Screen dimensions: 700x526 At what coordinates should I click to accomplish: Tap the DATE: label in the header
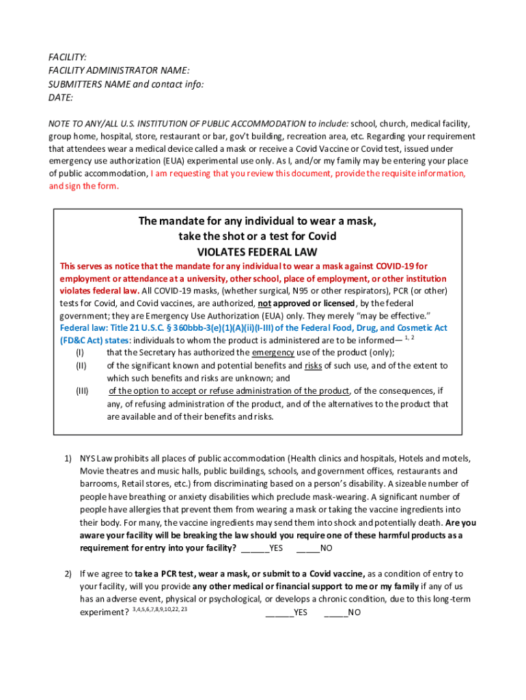click(61, 98)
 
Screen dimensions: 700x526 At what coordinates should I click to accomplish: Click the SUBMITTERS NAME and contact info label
click(126, 84)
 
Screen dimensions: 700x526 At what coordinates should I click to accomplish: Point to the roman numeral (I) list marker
click(80, 353)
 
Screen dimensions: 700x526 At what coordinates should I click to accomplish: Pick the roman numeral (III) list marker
click(81, 391)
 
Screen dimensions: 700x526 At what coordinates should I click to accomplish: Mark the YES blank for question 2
click(286, 612)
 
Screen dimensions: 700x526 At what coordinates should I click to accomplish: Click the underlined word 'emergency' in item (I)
click(273, 353)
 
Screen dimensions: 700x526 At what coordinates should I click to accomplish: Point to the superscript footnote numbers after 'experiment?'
click(160, 609)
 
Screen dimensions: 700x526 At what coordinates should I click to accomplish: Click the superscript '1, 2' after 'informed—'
click(410, 338)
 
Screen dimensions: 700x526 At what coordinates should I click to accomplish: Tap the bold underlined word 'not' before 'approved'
click(264, 303)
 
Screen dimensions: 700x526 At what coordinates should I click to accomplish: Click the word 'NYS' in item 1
click(88, 458)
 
